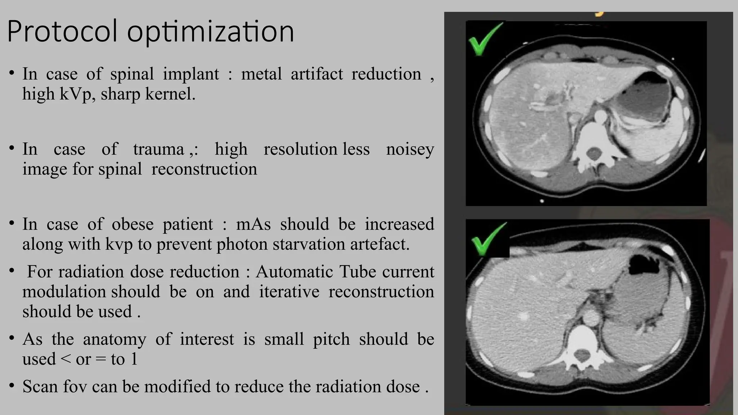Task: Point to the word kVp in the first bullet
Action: click(x=75, y=94)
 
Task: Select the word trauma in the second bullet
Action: click(x=159, y=149)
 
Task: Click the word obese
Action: click(x=132, y=224)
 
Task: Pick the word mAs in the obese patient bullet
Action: click(x=253, y=224)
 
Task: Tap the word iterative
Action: click(x=289, y=292)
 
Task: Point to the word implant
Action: click(x=191, y=74)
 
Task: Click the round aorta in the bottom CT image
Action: click(x=590, y=317)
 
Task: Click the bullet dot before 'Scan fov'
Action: click(x=12, y=386)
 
